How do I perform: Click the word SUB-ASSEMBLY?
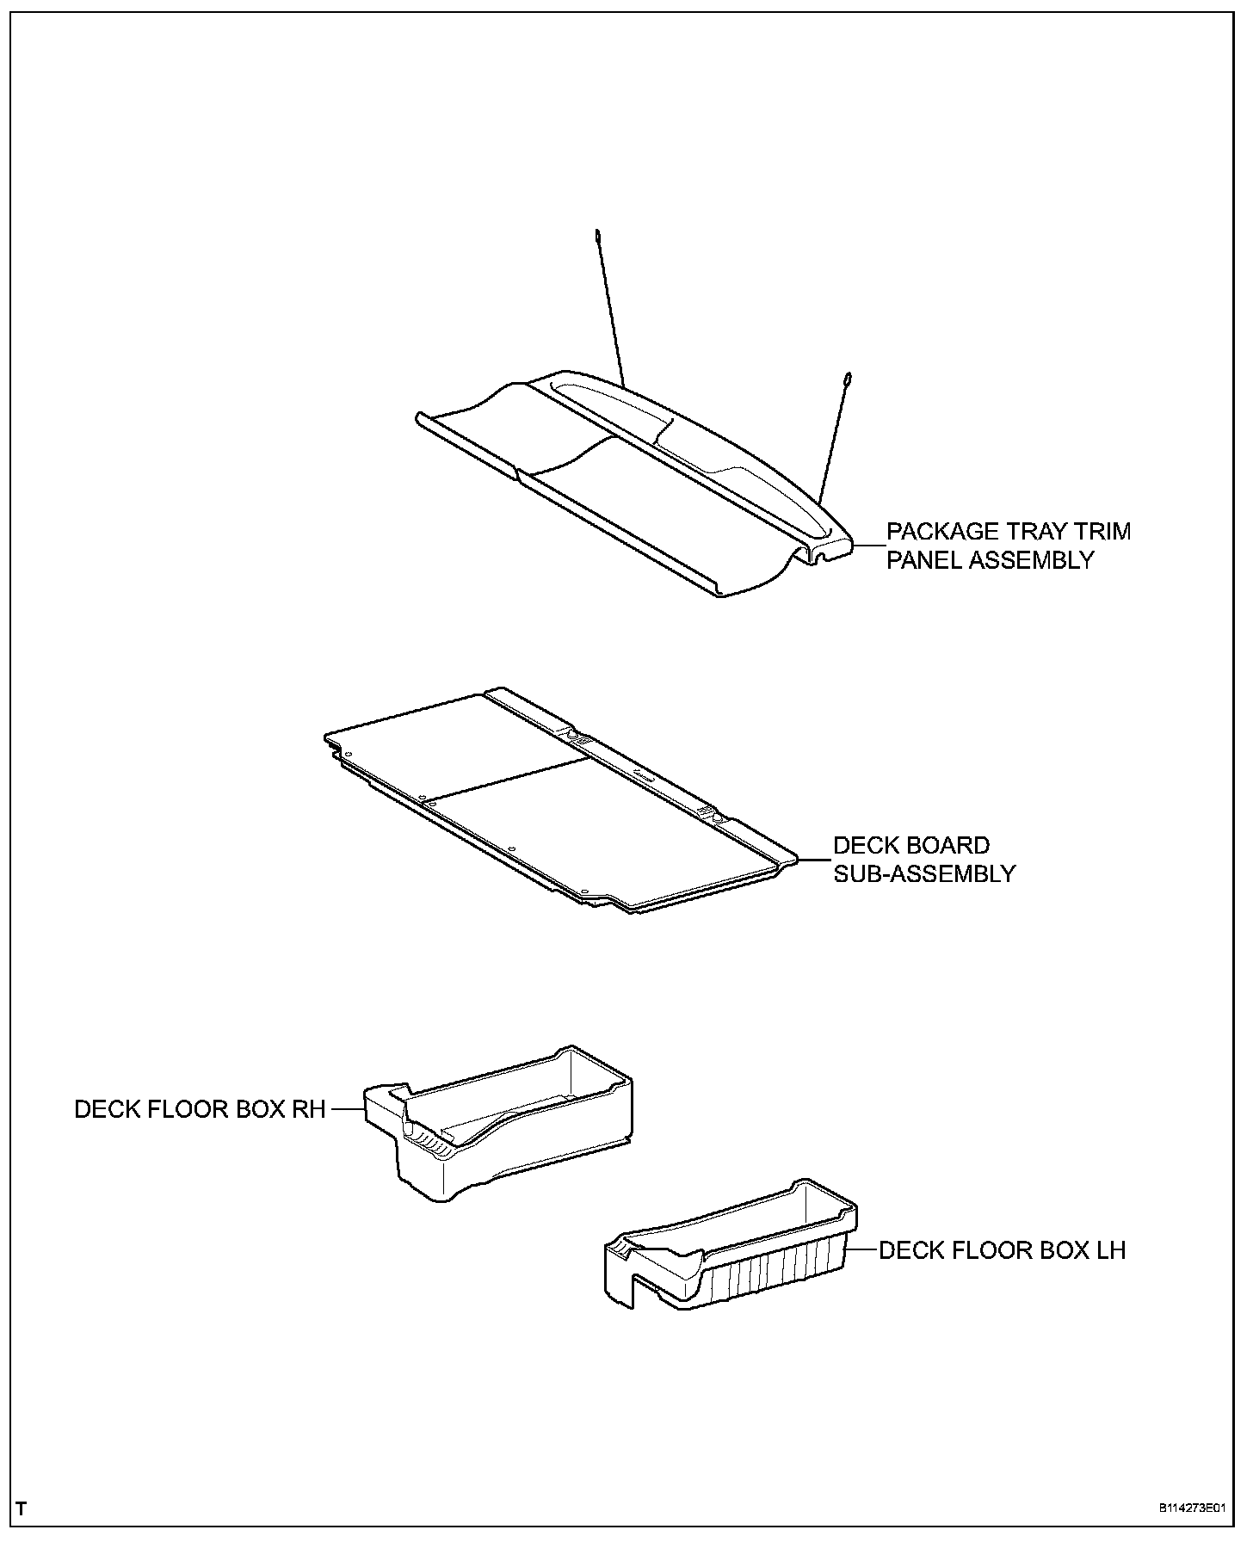[x=924, y=873]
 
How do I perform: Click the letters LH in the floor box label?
[x=1108, y=1249]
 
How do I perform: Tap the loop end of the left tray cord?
[x=596, y=234]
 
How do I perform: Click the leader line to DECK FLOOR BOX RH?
[x=348, y=1109]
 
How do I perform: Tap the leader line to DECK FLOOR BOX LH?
[x=862, y=1249]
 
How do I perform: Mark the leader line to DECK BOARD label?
[x=814, y=859]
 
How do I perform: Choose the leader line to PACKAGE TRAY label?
[x=869, y=546]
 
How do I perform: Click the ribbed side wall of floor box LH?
[x=775, y=1282]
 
